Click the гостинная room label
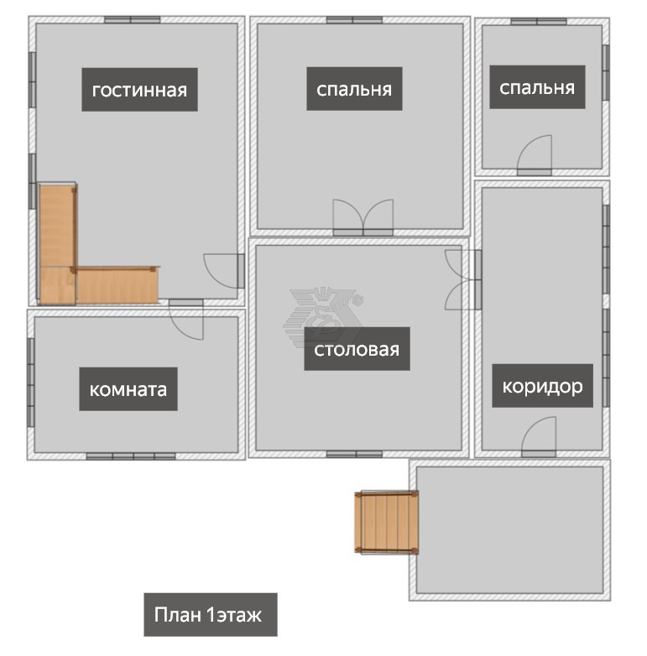(x=139, y=90)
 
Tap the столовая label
(x=357, y=349)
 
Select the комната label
(x=128, y=389)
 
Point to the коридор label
(x=542, y=386)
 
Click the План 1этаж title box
(x=211, y=615)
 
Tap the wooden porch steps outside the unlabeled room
(x=386, y=523)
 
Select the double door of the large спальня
(x=363, y=218)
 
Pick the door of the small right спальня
(x=535, y=155)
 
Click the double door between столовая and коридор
(x=463, y=279)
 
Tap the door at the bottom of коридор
(x=539, y=437)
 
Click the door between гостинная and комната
(x=186, y=320)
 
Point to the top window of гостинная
(x=133, y=19)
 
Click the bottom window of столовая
(x=354, y=455)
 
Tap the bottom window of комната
(x=131, y=456)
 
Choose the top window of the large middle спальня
(x=354, y=19)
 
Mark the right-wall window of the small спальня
(x=606, y=72)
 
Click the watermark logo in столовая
(x=323, y=317)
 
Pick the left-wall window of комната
(x=30, y=383)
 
